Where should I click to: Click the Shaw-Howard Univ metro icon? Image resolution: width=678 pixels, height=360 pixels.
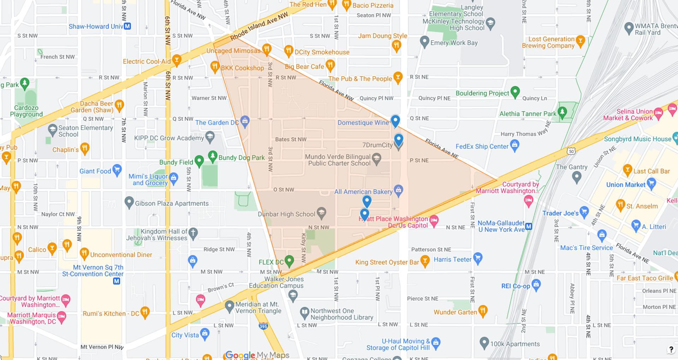128,26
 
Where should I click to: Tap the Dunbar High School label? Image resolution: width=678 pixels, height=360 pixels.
286,214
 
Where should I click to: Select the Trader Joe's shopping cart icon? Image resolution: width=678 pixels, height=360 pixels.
584,212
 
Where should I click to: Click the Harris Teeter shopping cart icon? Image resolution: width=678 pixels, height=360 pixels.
477,258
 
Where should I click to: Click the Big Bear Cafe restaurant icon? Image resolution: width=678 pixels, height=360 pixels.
330,65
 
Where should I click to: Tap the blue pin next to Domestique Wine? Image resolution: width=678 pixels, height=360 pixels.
395,120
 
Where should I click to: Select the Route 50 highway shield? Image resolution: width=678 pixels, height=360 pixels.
571,151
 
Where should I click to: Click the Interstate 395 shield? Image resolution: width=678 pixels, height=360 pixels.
263,326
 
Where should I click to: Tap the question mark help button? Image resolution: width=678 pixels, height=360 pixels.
671,350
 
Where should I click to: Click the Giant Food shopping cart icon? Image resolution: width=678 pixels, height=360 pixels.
117,170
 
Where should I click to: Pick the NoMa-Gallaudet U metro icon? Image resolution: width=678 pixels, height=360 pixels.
529,226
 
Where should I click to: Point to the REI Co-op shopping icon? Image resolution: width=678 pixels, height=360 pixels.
536,284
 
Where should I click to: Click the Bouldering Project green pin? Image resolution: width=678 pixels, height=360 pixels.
515,92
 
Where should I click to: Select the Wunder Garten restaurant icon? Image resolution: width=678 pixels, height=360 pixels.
483,311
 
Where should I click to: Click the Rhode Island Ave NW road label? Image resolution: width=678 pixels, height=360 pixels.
259,26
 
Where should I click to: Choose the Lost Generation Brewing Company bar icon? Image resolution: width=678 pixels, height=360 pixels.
580,41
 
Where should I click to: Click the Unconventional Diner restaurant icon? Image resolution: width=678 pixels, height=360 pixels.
84,253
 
